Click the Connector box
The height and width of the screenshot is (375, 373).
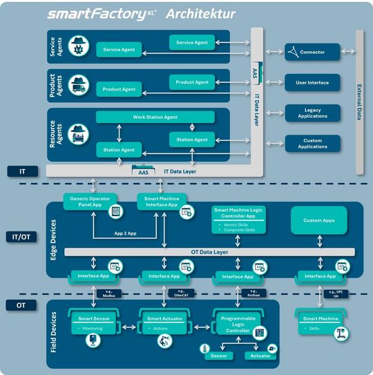coord(312,52)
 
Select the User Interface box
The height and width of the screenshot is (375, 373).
coord(312,83)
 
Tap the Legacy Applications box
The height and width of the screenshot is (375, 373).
coord(312,113)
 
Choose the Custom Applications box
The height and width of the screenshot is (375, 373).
coord(312,144)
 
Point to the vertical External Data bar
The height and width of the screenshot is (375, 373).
coord(359,102)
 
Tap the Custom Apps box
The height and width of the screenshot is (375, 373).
coord(318,220)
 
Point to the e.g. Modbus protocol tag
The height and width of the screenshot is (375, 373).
coord(111,293)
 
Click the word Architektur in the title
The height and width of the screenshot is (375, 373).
coord(201,14)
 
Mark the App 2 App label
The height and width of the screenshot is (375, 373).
coord(126,233)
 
